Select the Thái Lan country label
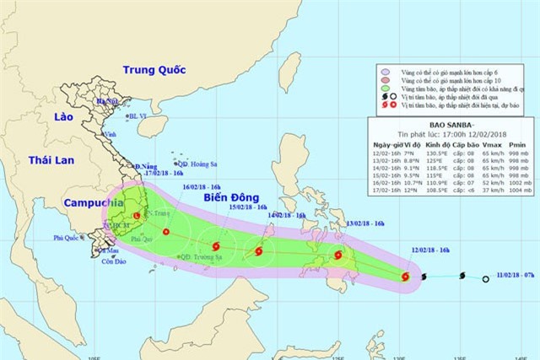[51, 160]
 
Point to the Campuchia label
[92, 203]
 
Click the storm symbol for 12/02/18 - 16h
[406, 276]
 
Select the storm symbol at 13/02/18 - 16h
[338, 255]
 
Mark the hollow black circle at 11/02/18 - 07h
[485, 279]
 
